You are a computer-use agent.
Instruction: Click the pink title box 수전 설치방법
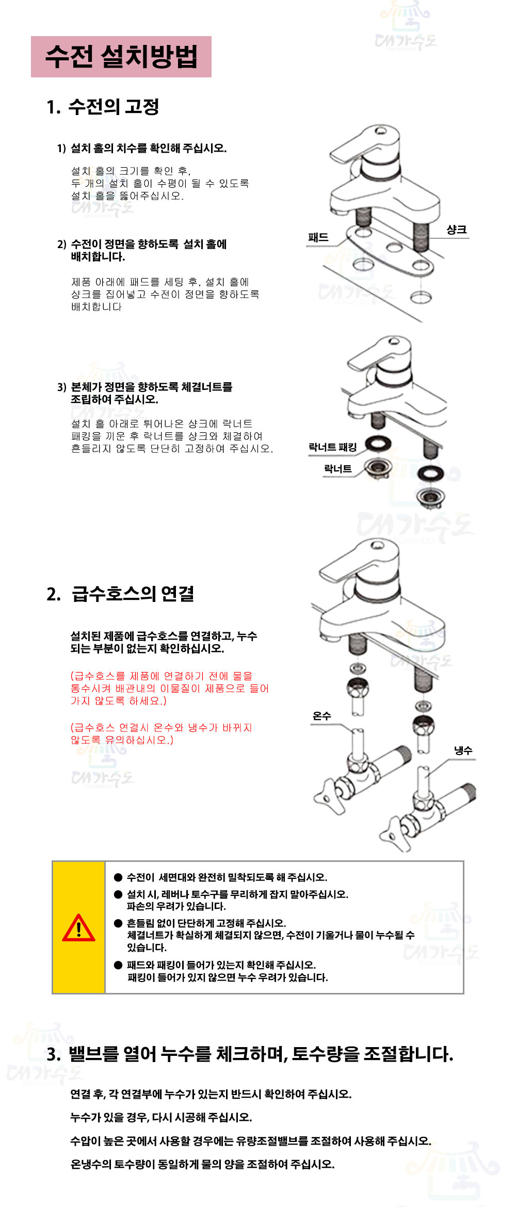121,57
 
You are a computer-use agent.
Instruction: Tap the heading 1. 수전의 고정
103,107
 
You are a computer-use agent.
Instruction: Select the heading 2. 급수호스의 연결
121,594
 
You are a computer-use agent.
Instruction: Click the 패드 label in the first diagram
318,237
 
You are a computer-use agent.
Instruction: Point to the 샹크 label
457,230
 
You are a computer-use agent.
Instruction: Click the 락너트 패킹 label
333,447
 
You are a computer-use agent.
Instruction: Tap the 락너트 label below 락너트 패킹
338,469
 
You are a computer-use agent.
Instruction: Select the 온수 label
322,716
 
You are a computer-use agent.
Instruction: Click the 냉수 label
463,751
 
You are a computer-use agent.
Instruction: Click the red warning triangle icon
78,928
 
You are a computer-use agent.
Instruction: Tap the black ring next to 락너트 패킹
378,444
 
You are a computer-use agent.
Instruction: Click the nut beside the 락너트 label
378,468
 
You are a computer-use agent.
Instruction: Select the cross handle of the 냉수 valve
395,834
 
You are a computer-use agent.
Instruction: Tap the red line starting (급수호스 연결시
162,728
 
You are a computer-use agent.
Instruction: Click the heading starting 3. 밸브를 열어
250,1054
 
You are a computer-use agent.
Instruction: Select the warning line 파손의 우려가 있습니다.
176,906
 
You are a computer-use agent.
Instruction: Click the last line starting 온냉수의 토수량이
202,1164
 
